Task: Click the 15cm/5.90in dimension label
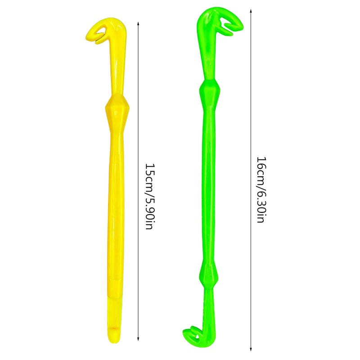pos(150,197)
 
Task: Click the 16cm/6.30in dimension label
pos(262,189)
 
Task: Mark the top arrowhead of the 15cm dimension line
pos(138,23)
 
